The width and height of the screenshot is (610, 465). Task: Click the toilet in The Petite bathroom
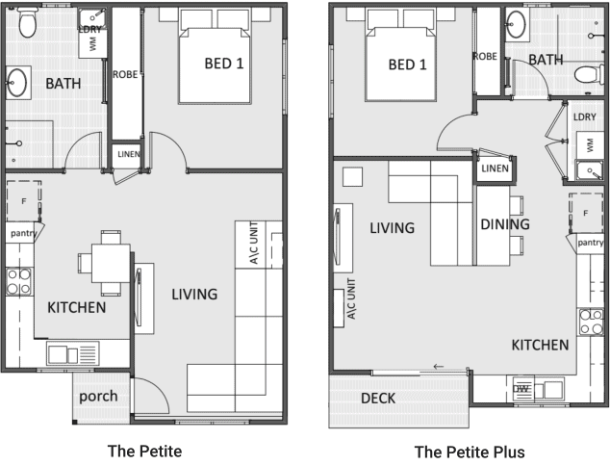click(28, 21)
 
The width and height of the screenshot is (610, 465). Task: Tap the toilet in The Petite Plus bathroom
click(589, 74)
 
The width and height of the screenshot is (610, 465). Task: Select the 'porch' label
click(98, 397)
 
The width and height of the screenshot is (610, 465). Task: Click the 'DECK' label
click(378, 398)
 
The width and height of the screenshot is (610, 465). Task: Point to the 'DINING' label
click(505, 224)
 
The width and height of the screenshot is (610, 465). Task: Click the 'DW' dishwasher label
click(521, 389)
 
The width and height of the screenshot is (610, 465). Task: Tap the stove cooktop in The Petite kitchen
click(19, 281)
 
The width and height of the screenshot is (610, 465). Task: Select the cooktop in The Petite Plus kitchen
click(591, 322)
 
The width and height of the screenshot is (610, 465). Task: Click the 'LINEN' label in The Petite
click(129, 154)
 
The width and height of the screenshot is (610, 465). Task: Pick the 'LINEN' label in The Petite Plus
click(495, 168)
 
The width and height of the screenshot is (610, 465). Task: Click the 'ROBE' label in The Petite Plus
click(486, 57)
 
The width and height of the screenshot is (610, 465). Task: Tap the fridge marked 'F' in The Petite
click(24, 201)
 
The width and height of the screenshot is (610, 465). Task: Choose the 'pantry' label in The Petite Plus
click(591, 243)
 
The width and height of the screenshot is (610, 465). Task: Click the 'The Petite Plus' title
click(470, 452)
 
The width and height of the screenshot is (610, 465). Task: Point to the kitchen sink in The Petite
click(73, 353)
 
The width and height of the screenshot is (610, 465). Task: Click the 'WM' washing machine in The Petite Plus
click(590, 145)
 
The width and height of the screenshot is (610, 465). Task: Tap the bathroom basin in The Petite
click(17, 83)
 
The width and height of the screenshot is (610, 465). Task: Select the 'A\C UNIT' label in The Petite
click(254, 244)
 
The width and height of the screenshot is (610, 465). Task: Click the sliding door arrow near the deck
click(439, 367)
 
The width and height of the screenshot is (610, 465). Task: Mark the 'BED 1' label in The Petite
click(224, 64)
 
